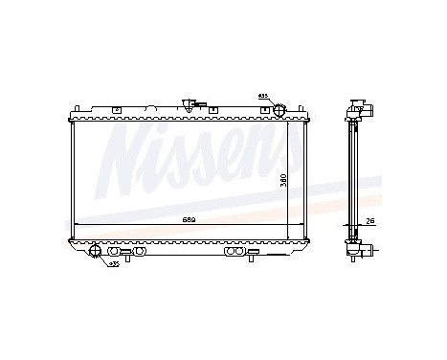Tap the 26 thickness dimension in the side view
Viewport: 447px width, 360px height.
[369, 221]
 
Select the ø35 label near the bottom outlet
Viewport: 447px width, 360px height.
[113, 262]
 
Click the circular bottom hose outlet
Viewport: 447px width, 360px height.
[97, 252]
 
